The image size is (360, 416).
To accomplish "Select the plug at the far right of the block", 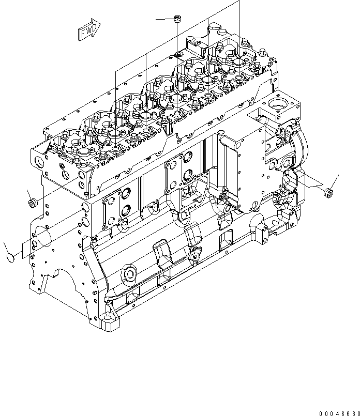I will [x=326, y=193].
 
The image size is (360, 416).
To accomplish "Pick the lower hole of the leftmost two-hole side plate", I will [x=125, y=210].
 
